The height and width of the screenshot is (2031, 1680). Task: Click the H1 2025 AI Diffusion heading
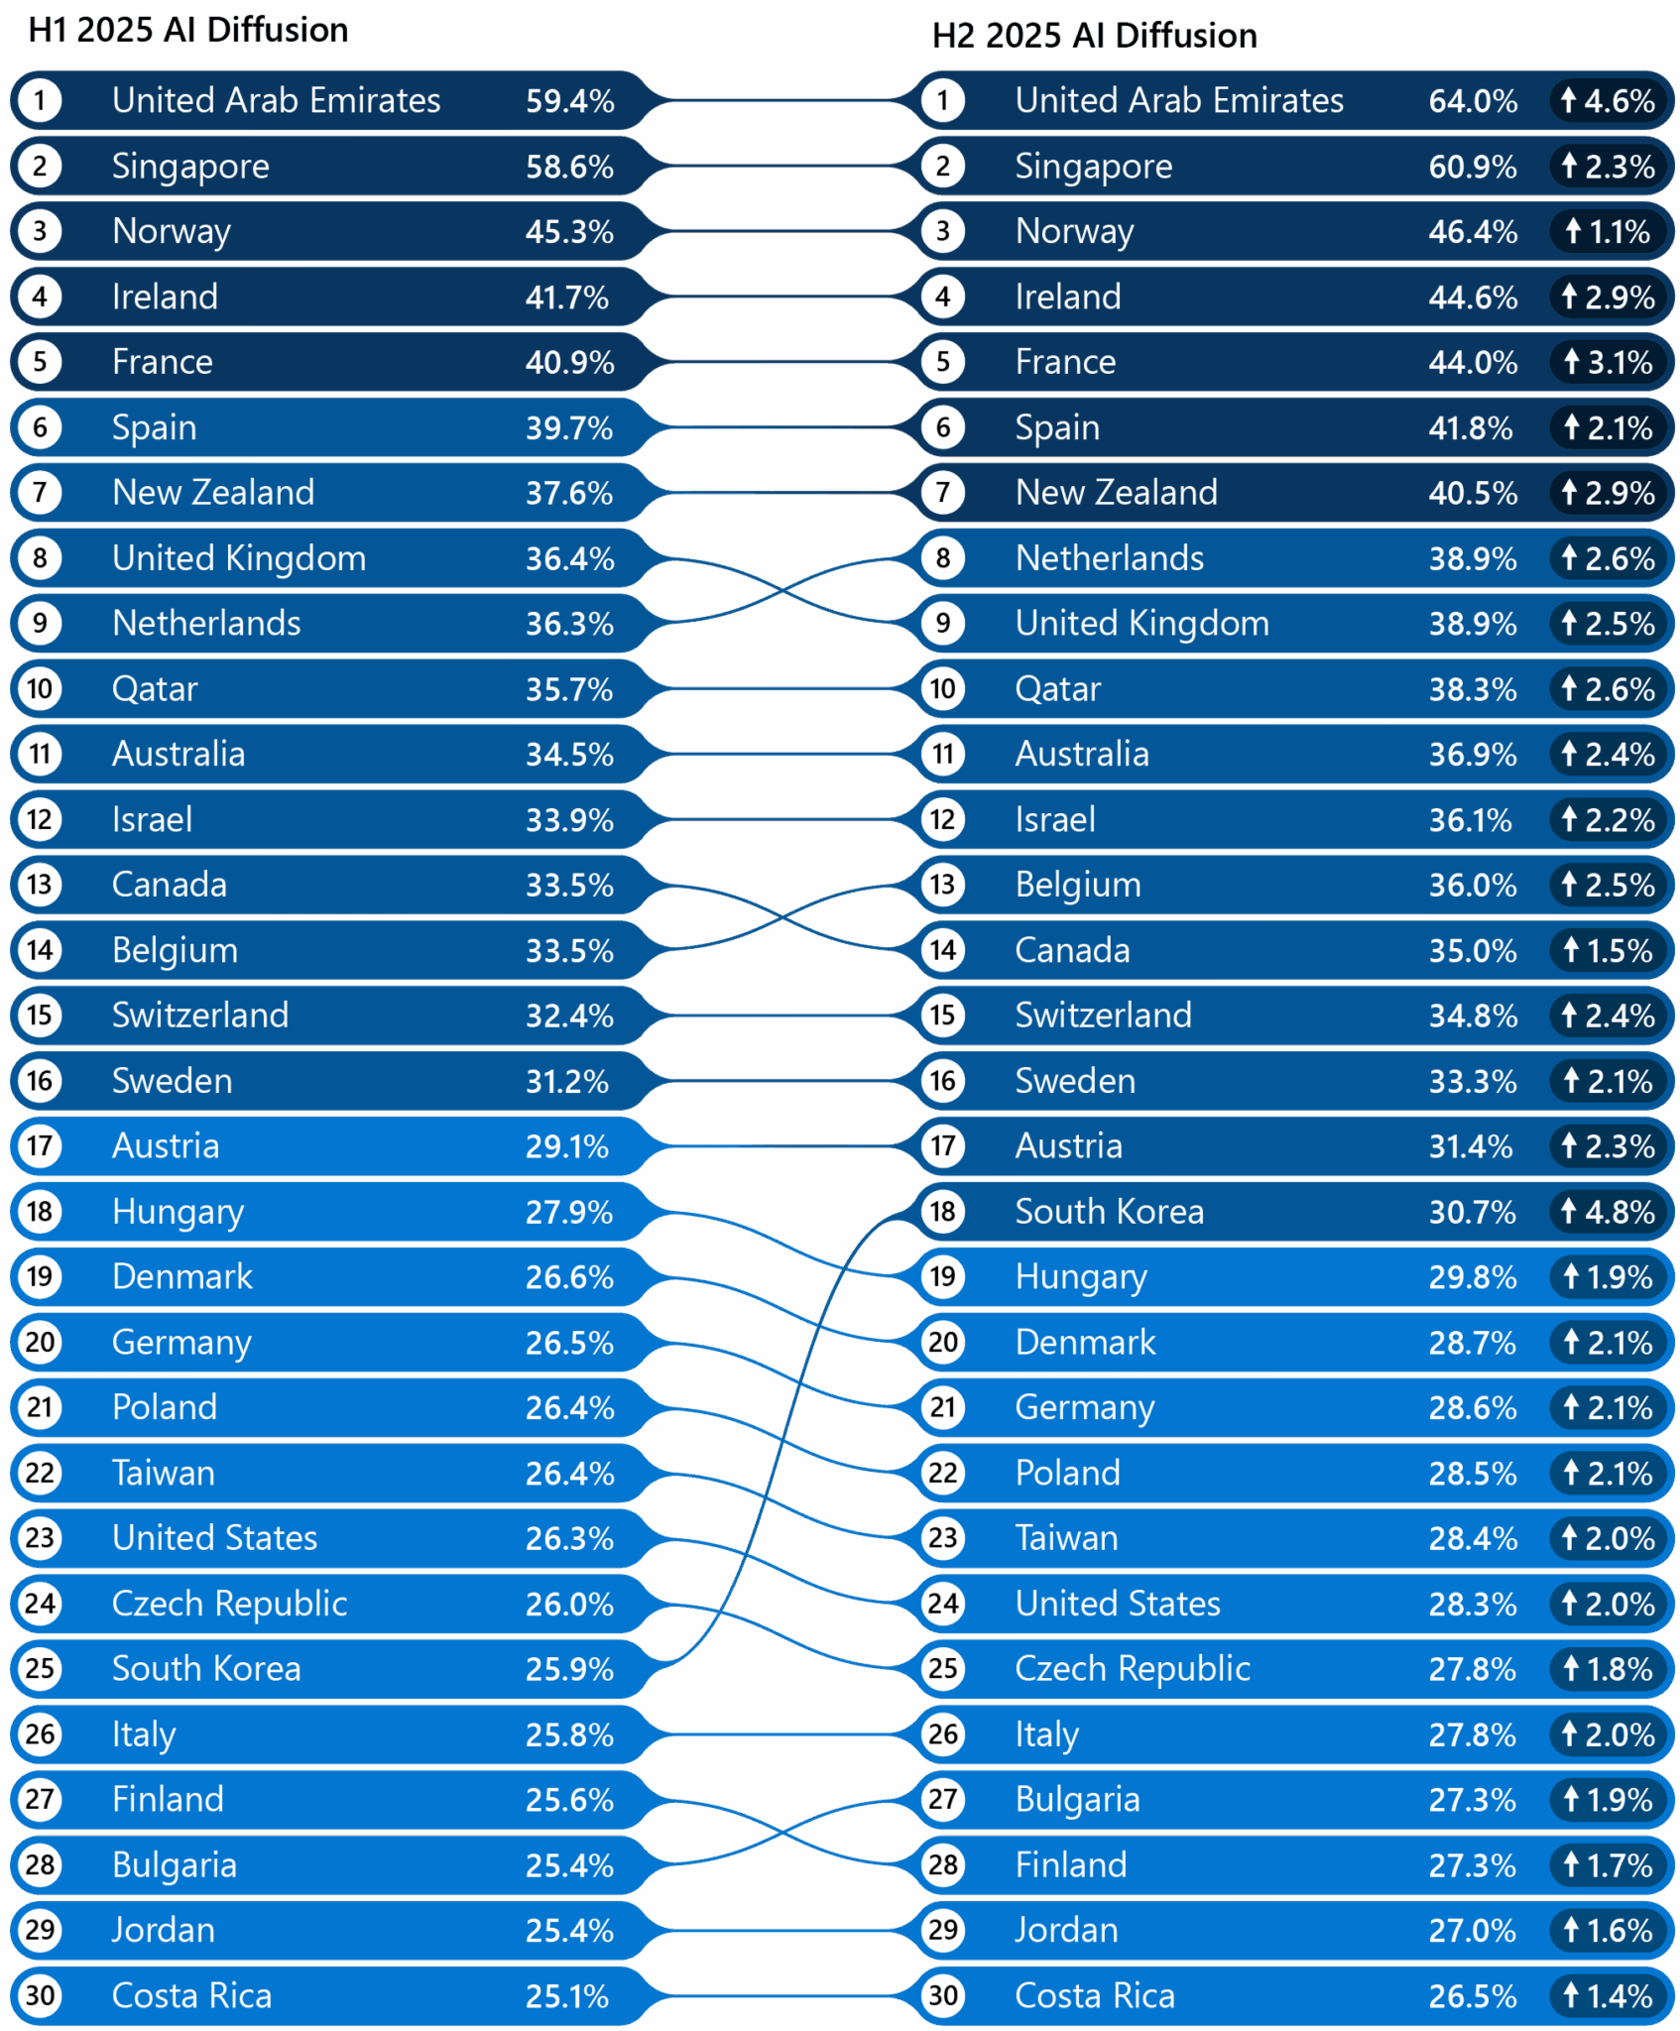pyautogui.click(x=188, y=31)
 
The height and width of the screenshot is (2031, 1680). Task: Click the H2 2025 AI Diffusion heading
pyautogui.click(x=1093, y=36)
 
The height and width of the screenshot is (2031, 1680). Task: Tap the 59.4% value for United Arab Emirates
pyautogui.click(x=569, y=101)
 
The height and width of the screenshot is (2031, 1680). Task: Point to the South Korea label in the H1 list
pyautogui.click(x=206, y=1668)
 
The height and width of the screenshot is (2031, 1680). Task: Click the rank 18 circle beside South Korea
pyautogui.click(x=942, y=1211)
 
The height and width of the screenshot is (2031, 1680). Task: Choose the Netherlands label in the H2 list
pyautogui.click(x=1109, y=558)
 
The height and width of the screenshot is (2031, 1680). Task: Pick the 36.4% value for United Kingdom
pyautogui.click(x=569, y=559)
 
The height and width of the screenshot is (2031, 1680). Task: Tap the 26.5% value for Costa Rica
pyautogui.click(x=1472, y=1996)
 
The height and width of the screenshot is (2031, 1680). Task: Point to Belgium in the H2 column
pyautogui.click(x=1078, y=885)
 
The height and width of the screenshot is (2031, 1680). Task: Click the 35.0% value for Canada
pyautogui.click(x=1472, y=951)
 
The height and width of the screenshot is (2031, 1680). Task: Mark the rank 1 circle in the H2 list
pyautogui.click(x=942, y=100)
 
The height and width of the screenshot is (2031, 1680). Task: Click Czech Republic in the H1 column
pyautogui.click(x=229, y=1603)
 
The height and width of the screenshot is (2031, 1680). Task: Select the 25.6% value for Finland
pyautogui.click(x=569, y=1800)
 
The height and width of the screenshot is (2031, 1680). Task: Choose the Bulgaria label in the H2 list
pyautogui.click(x=1077, y=1799)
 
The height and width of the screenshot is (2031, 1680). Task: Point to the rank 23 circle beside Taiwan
pyautogui.click(x=942, y=1537)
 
